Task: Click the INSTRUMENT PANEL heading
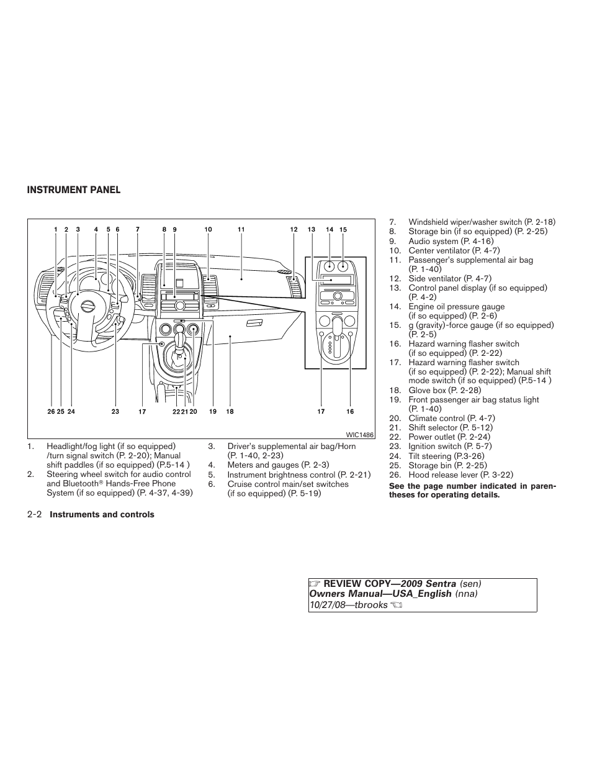(x=73, y=190)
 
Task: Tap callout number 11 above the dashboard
(x=241, y=230)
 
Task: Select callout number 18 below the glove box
(x=230, y=411)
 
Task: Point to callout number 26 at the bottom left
(x=51, y=411)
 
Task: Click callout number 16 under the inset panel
(x=350, y=411)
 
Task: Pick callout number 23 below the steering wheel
(x=115, y=411)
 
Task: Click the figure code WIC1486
(x=360, y=435)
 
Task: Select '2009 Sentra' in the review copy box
(x=425, y=584)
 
